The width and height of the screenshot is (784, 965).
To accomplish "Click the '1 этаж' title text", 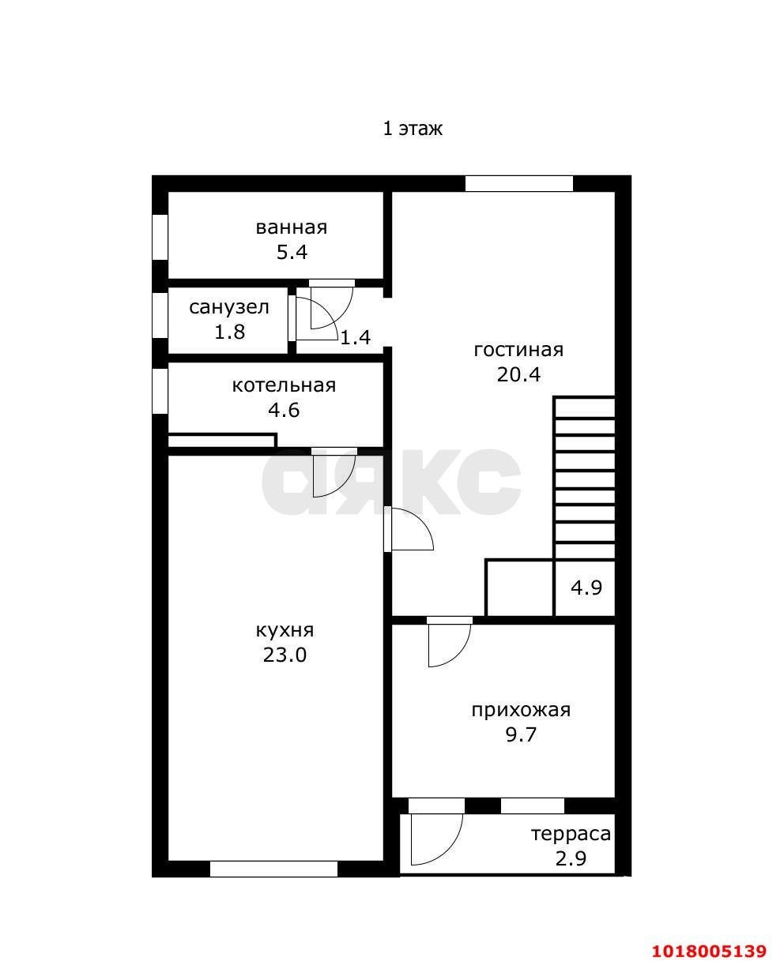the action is coord(413,129).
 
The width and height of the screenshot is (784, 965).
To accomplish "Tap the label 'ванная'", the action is coord(292,227).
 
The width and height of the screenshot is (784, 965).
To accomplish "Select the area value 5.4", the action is coord(292,252).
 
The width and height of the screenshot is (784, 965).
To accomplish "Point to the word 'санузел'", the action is coord(229,308).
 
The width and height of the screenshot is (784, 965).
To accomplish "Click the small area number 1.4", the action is coord(356,337).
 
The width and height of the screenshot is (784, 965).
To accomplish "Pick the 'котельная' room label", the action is coord(284,385).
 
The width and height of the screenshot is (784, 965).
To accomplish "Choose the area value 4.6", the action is coord(284,411).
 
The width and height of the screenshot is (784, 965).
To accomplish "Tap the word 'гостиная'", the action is coord(518,350).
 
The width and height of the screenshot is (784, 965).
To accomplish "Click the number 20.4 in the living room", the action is coord(518,374).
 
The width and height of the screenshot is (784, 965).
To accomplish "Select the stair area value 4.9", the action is coord(586,588).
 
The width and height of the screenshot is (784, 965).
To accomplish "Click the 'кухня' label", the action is coord(285,631).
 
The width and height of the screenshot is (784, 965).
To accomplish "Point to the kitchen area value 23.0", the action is coord(285,655).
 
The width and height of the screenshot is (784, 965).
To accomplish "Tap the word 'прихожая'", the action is coord(521,710).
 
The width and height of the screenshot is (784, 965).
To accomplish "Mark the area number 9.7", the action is coord(521,734).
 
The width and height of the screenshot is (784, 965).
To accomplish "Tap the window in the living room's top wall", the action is coord(519,183).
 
